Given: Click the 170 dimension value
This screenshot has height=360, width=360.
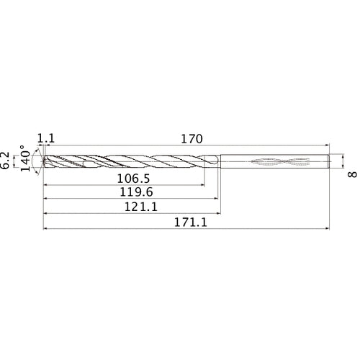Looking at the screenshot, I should click(190, 138).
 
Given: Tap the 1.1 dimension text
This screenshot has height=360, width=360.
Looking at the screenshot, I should click(45, 138).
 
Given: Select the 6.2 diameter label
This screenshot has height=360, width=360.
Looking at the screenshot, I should click(7, 160).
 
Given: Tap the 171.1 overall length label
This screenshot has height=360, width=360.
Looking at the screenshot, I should click(190, 223).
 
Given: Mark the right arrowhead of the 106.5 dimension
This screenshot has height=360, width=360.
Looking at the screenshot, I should click(201, 184).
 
